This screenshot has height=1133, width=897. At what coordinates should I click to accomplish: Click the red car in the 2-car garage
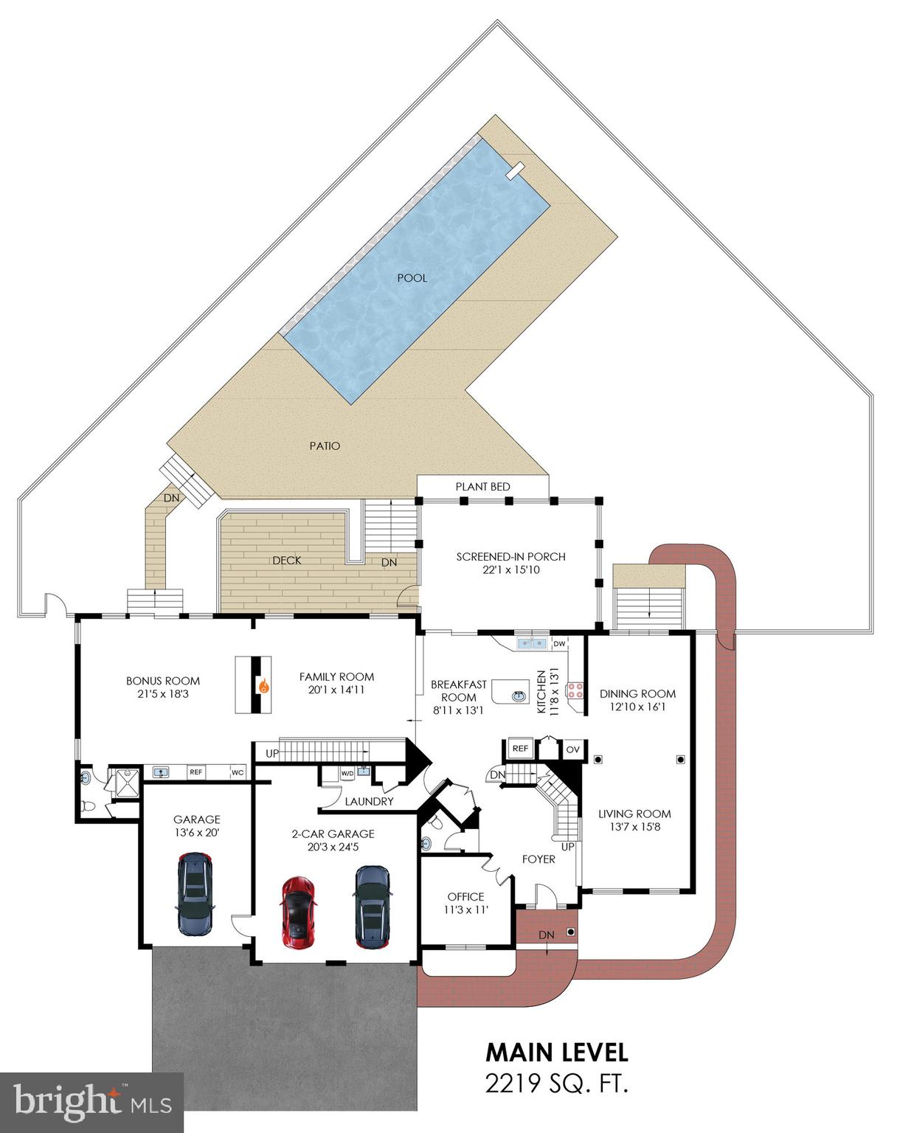298,912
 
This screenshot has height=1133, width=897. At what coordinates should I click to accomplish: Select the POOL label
412,278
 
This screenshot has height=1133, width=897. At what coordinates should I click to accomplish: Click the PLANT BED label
482,487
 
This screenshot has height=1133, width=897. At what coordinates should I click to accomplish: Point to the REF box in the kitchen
520,749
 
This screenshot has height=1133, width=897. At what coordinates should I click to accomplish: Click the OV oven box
573,749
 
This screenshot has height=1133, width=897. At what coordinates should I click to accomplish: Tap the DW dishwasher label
559,644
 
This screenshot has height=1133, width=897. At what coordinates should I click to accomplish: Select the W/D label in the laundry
347,773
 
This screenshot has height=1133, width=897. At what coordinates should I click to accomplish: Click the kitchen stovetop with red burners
575,691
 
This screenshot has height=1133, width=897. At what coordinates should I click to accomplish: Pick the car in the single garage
195,893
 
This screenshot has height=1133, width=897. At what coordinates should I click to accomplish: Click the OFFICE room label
465,897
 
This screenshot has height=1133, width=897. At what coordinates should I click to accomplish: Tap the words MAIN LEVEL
556,1052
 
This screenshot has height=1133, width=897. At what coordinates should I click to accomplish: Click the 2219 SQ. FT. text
556,1084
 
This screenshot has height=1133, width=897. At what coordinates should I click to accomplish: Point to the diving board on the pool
515,170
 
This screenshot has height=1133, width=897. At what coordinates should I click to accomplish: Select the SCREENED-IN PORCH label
510,557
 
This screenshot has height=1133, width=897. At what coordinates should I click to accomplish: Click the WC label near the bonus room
238,772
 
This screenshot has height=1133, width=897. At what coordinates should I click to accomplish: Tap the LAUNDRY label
369,801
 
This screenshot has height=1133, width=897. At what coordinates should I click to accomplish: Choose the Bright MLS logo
91,1102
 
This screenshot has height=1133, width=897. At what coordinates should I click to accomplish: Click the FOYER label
538,859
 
